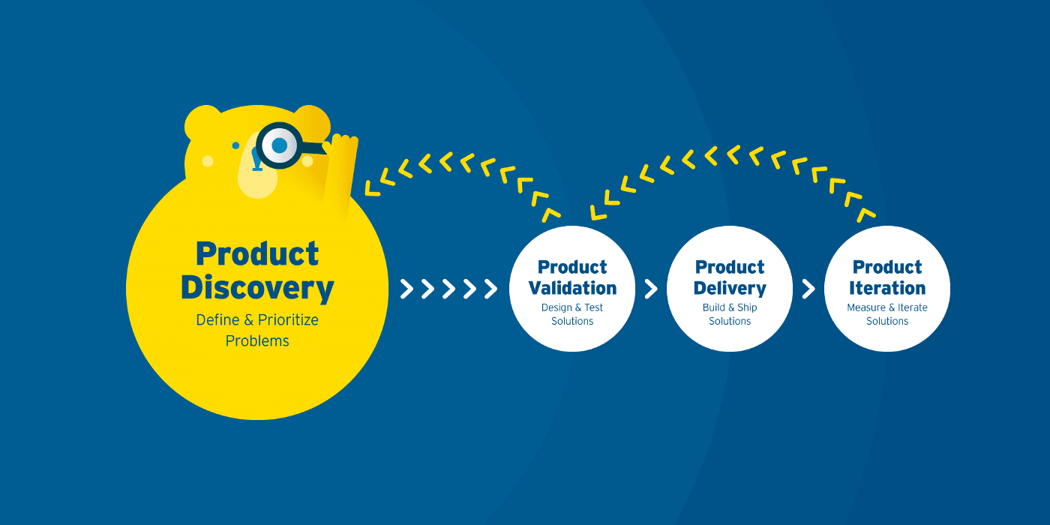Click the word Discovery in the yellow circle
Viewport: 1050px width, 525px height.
point(257,289)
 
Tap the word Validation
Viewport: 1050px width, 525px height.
point(572,288)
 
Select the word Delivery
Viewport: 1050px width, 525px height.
point(730,288)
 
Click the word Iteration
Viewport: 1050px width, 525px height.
point(887,288)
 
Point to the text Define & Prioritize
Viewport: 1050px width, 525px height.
point(257,320)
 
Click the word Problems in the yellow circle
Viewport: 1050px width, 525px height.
point(257,341)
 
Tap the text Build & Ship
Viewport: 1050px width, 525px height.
point(730,307)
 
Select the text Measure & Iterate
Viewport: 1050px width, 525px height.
point(887,307)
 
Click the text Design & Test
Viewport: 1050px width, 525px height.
point(572,307)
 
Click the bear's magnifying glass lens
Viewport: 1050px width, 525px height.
point(279,145)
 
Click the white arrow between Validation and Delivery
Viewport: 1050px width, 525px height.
point(651,289)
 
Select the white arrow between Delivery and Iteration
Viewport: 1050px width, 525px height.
point(808,289)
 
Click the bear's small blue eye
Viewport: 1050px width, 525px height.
point(235,145)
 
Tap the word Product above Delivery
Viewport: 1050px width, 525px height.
point(730,268)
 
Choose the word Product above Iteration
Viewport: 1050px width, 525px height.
point(887,268)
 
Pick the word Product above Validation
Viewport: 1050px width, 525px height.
point(572,268)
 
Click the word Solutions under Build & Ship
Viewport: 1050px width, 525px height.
point(730,321)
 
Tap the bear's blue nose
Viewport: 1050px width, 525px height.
point(257,160)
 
